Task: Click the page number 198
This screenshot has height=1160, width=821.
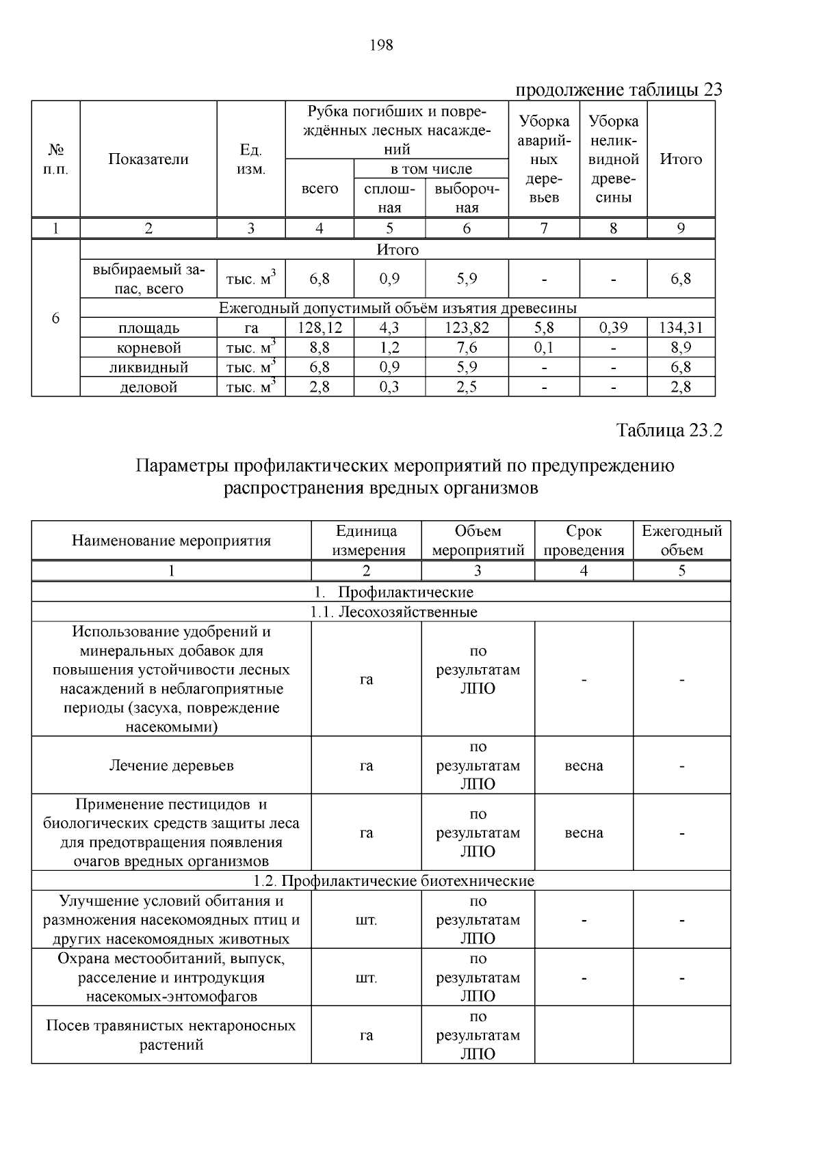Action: (x=381, y=46)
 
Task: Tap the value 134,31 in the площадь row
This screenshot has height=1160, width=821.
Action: (x=681, y=328)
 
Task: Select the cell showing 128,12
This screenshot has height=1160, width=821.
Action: (x=320, y=328)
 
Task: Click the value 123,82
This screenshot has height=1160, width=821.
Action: (x=467, y=328)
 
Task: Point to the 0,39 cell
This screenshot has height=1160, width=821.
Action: (x=613, y=328)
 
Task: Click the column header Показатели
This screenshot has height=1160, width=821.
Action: (x=148, y=159)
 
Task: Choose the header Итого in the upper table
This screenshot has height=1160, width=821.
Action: (x=681, y=159)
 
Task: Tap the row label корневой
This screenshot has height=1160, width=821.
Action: (x=148, y=348)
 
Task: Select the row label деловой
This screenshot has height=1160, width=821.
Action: (x=148, y=388)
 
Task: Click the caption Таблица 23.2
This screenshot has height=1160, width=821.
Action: (x=669, y=431)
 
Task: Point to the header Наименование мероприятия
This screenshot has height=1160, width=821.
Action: (x=171, y=541)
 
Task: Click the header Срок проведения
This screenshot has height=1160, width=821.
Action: (x=584, y=541)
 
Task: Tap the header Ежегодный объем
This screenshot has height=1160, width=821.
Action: (x=681, y=541)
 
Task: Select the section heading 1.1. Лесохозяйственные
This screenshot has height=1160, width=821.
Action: (x=393, y=612)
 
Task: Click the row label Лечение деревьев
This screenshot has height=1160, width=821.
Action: (x=171, y=766)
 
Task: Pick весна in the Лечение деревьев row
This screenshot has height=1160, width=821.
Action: (x=584, y=766)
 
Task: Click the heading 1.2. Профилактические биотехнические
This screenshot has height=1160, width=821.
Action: (x=393, y=881)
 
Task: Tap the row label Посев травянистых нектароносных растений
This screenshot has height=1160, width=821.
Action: (x=171, y=1036)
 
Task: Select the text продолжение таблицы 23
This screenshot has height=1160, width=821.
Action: (x=618, y=90)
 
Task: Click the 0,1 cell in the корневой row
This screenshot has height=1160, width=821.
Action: (x=544, y=348)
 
